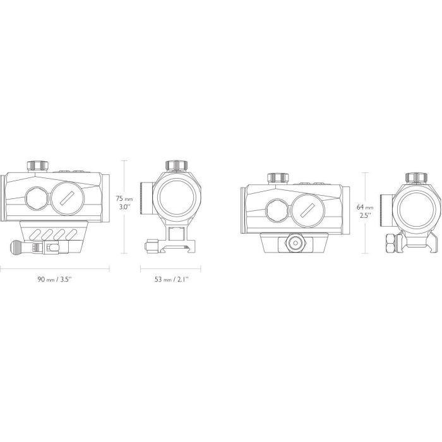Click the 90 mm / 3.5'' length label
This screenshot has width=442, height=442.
[x=55, y=279]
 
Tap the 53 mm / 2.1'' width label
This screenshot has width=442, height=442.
[x=171, y=279]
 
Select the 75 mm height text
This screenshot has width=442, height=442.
[x=124, y=198]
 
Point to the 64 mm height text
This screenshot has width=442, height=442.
[x=365, y=207]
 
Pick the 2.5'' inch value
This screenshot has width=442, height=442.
[x=366, y=216]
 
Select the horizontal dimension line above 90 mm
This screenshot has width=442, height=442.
[x=55, y=268]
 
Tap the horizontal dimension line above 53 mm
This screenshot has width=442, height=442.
[x=170, y=268]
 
